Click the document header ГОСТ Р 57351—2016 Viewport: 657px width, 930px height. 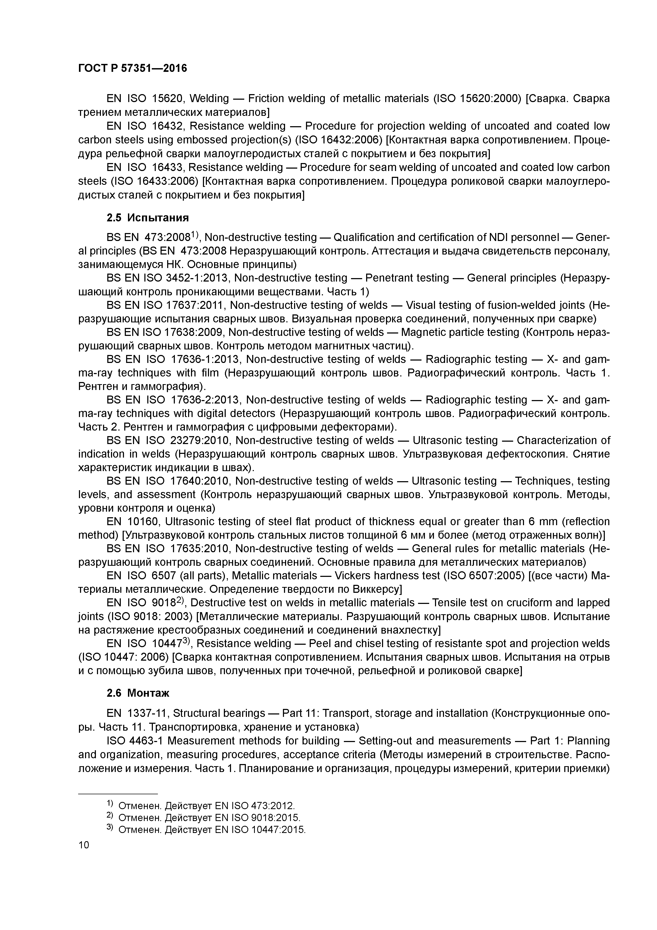click(132, 68)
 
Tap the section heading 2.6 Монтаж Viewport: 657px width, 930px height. click(138, 693)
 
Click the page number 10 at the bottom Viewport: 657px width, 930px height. click(83, 845)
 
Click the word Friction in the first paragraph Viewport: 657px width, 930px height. click(267, 98)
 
